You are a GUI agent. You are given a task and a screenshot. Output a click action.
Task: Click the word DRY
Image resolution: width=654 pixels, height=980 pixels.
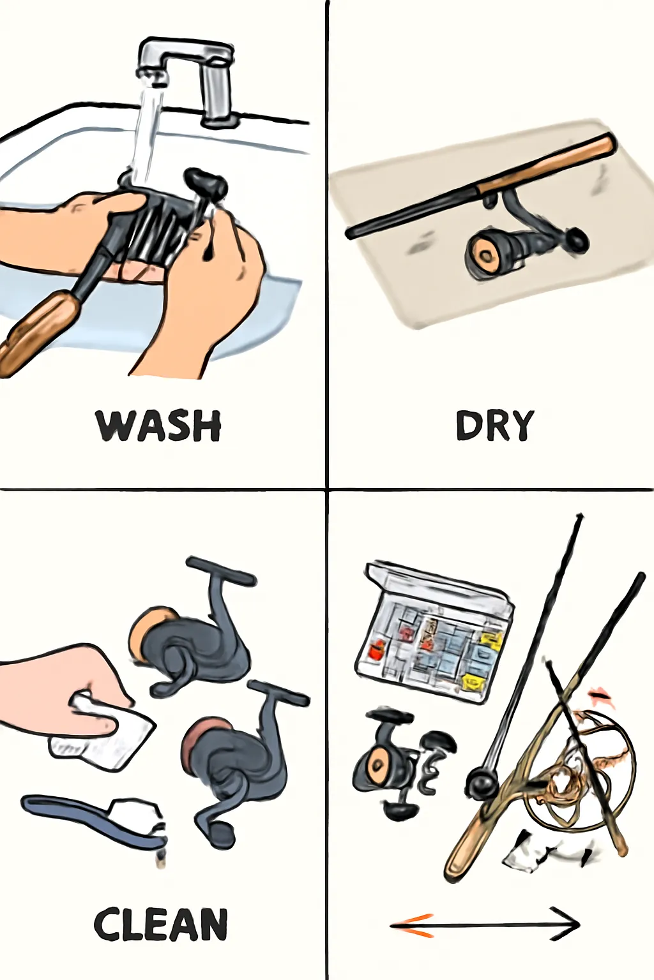tap(494, 425)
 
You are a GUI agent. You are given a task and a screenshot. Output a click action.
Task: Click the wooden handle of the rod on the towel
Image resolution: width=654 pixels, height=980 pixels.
tap(547, 162)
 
